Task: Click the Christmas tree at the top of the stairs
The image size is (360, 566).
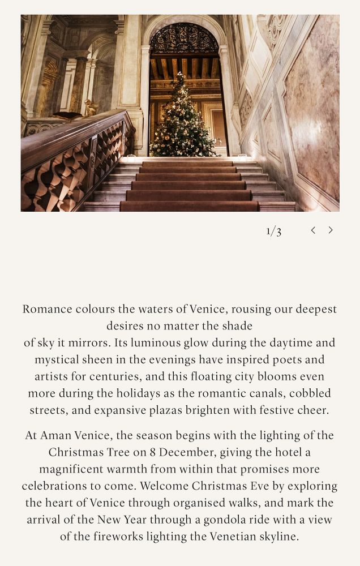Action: click(x=182, y=119)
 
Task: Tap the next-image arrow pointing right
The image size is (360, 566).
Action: click(x=331, y=230)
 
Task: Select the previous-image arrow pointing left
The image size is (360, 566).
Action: click(x=313, y=230)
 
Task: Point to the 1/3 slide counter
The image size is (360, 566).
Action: click(x=274, y=230)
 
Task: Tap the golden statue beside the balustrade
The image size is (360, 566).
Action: click(x=91, y=108)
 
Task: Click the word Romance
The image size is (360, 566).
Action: click(x=48, y=309)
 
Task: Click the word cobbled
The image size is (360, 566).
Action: click(x=310, y=393)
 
